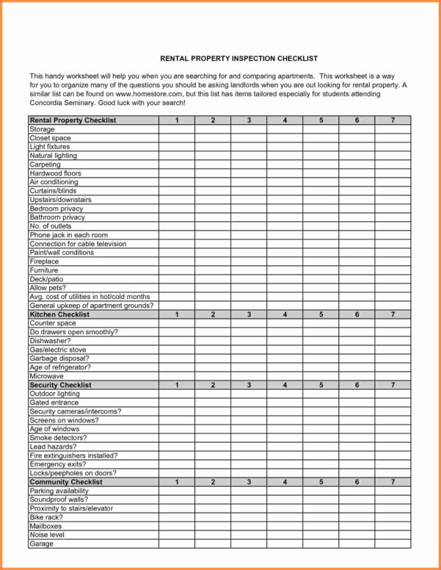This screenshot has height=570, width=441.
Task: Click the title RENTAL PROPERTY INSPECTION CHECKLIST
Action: click(228, 58)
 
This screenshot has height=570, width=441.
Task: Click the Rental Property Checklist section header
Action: click(73, 120)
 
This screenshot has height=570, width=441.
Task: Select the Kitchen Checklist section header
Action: click(59, 314)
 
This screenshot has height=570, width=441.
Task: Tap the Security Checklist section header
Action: click(60, 385)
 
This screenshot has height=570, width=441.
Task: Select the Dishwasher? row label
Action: click(50, 341)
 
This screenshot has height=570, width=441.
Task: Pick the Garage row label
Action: click(41, 544)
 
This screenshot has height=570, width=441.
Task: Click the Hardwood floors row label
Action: click(55, 173)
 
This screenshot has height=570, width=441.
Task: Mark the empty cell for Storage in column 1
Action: click(177, 129)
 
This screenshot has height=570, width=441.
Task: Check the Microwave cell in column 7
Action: click(393, 376)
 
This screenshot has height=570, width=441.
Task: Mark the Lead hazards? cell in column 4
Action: click(285, 447)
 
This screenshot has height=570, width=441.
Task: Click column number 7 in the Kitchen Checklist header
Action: click(393, 314)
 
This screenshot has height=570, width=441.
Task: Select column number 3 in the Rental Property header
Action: click(249, 120)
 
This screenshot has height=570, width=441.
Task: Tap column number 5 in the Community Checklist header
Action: click(321, 482)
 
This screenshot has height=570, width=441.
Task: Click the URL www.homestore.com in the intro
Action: click(147, 94)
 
